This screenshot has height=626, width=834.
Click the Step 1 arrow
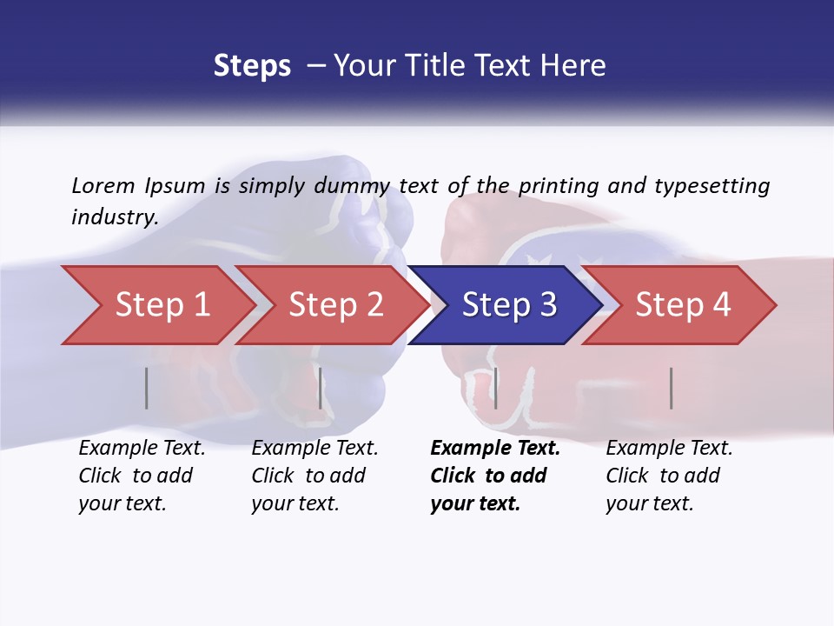[162, 304]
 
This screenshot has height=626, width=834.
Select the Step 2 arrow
[335, 304]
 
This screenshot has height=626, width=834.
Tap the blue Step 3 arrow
[508, 304]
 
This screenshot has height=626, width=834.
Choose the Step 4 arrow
[682, 304]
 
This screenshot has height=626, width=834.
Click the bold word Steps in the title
[252, 65]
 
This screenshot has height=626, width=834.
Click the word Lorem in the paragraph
[103, 185]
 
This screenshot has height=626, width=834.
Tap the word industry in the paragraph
[114, 216]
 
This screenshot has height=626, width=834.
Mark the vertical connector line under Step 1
[147, 388]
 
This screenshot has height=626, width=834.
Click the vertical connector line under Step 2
[321, 388]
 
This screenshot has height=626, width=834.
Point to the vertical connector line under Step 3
[495, 388]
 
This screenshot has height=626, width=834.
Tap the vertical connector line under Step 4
[671, 388]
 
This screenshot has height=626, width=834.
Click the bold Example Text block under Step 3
[495, 476]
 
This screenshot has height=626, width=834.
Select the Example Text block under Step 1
[142, 476]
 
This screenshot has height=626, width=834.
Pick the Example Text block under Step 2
[314, 476]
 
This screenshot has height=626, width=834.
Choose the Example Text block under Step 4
[669, 476]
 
